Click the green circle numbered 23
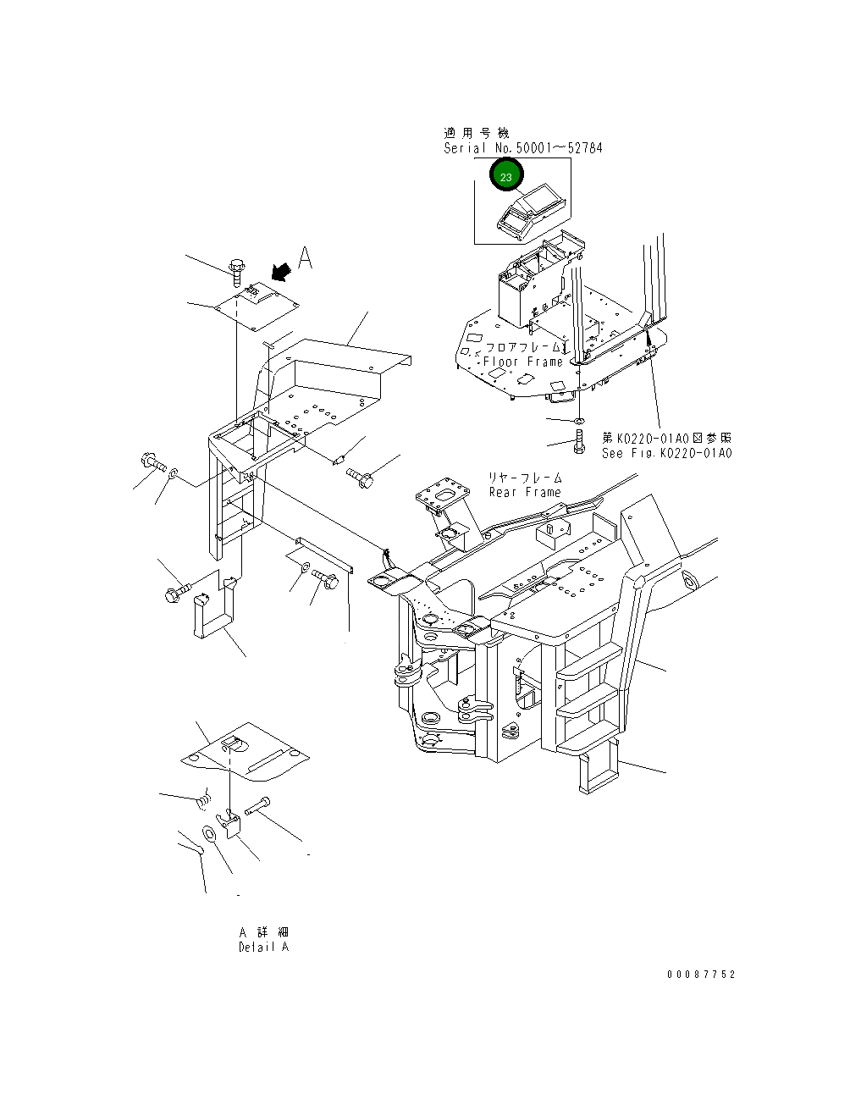[x=506, y=177]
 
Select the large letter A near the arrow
[x=306, y=257]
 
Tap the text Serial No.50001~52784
[x=523, y=148]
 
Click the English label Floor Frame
[x=522, y=362]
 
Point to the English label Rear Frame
[x=524, y=492]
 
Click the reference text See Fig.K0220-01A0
[x=666, y=453]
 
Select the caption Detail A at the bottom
[x=263, y=947]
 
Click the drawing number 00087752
[x=701, y=975]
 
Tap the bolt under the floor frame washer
[x=579, y=441]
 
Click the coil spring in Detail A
[x=203, y=798]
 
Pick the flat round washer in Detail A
[x=209, y=834]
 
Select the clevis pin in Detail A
[x=257, y=808]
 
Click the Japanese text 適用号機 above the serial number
[x=477, y=133]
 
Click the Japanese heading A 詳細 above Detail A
[x=264, y=931]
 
